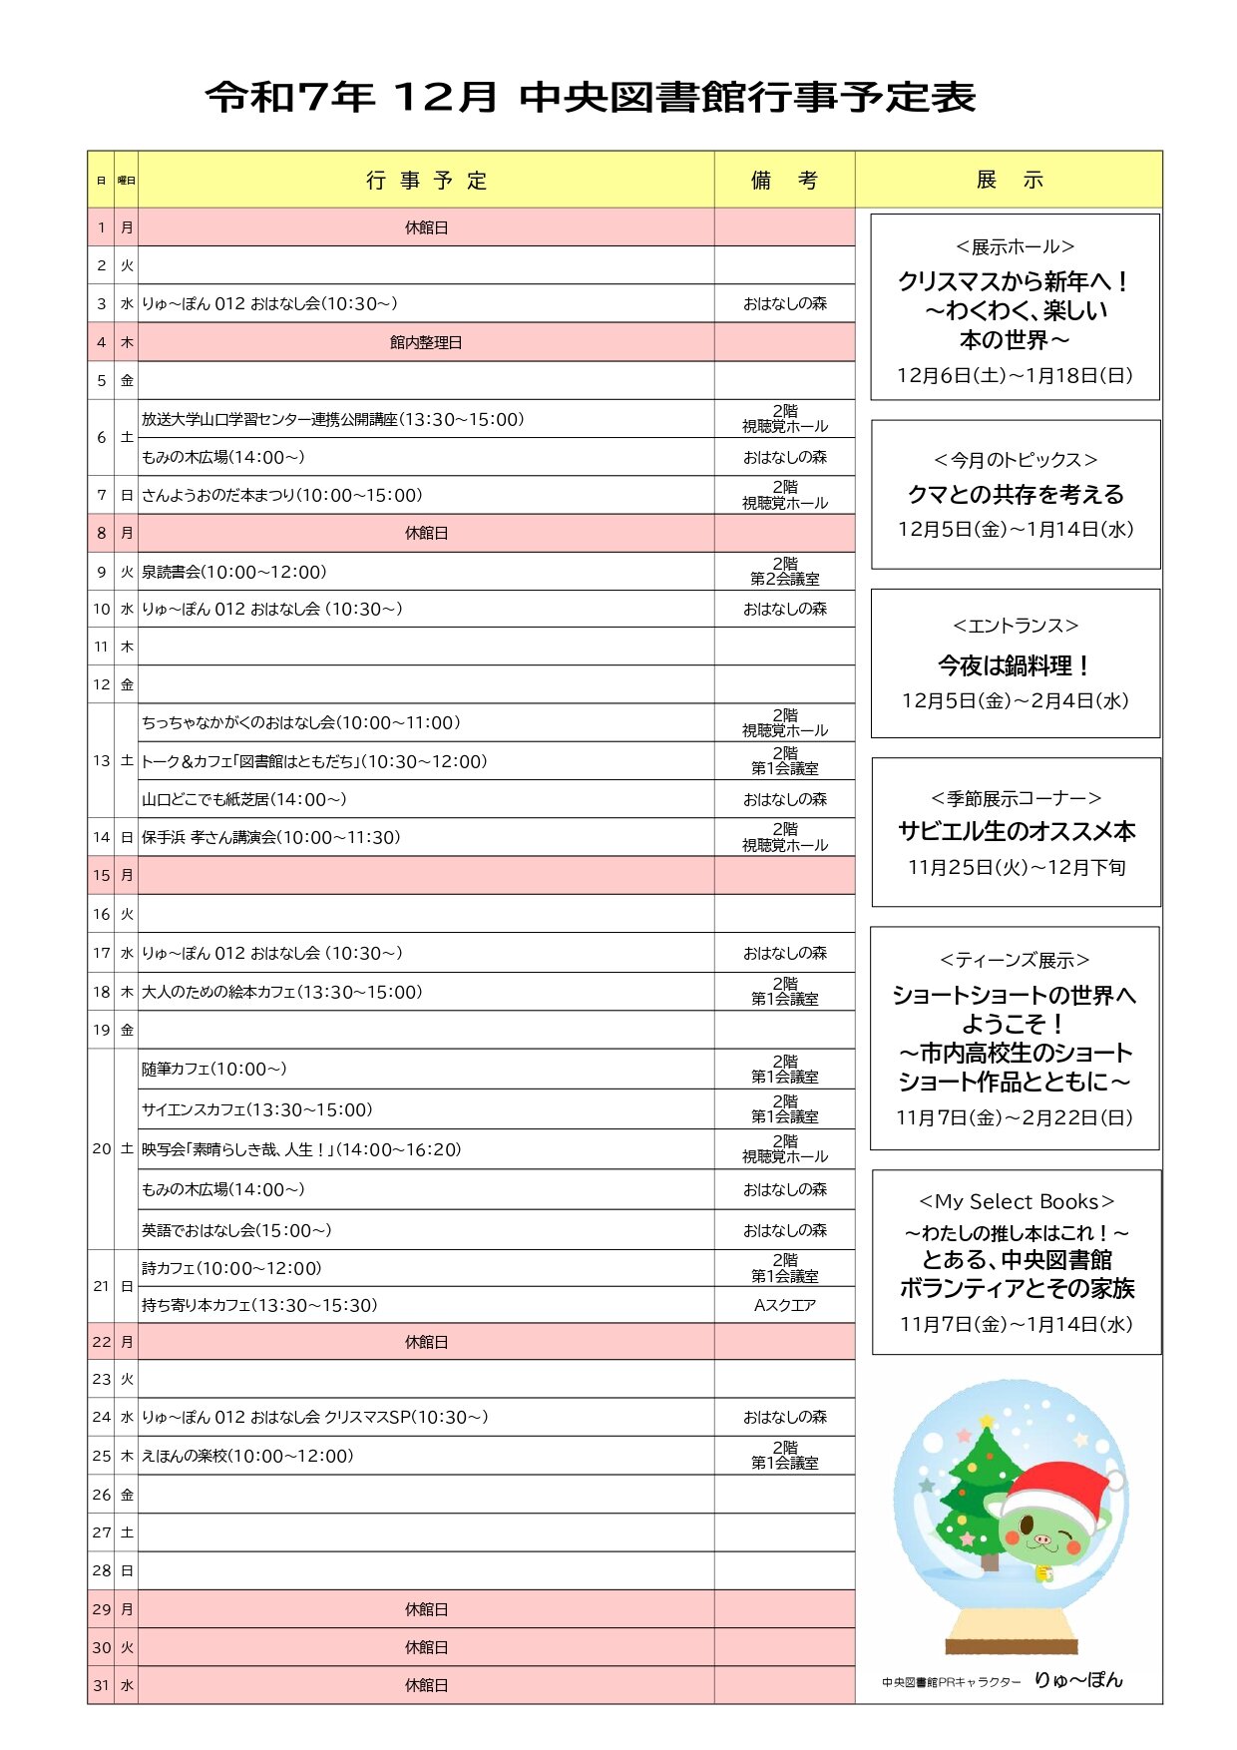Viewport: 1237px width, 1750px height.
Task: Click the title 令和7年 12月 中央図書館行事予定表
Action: coord(591,98)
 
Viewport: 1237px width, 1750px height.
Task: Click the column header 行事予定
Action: coord(426,181)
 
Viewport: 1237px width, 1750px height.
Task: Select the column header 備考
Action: coord(784,181)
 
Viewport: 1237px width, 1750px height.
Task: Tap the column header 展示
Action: coord(1009,181)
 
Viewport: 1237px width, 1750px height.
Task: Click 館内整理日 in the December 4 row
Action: coord(426,342)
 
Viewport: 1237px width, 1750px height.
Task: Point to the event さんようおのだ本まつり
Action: coord(281,496)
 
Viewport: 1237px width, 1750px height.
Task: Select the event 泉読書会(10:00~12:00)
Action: coord(234,572)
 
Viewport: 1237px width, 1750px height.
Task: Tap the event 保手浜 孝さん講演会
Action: coord(270,837)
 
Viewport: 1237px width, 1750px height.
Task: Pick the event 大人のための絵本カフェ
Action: coord(281,992)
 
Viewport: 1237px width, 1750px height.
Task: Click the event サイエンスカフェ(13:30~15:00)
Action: coord(256,1109)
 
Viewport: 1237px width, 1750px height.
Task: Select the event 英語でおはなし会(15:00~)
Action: coord(236,1230)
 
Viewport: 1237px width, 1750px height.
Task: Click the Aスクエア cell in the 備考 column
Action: coord(785,1305)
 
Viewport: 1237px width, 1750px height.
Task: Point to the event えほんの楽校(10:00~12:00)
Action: coord(247,1456)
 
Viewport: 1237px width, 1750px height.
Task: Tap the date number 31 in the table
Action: coord(101,1685)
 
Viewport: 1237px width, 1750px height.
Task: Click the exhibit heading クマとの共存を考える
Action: coord(1016,494)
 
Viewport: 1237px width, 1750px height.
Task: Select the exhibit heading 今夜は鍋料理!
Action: coord(1015,665)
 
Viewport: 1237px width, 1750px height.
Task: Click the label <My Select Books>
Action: coord(1016,1201)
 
